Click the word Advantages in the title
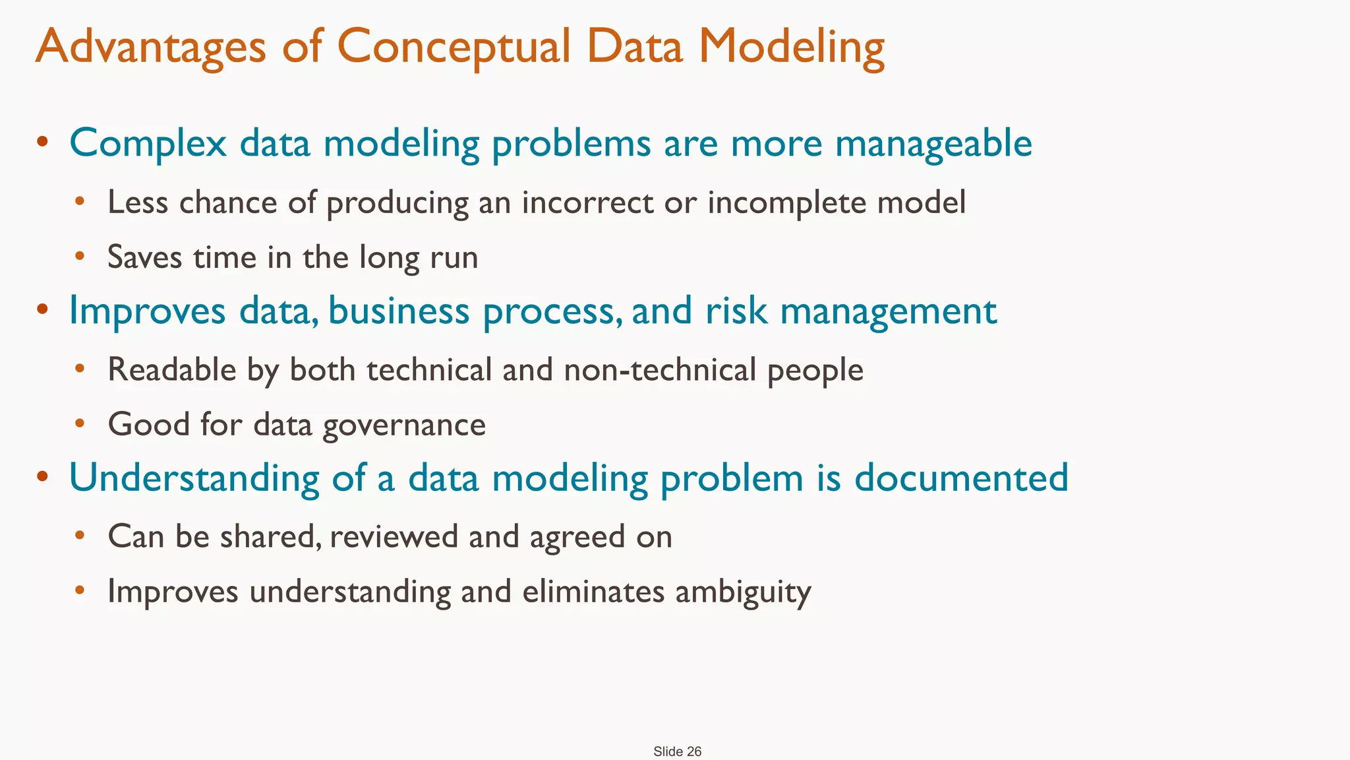tap(151, 47)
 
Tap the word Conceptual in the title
tap(454, 47)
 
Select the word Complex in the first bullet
tap(148, 143)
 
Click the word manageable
tap(933, 143)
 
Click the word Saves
tap(144, 257)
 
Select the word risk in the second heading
tap(736, 310)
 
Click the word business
tap(399, 310)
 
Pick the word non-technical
tap(660, 369)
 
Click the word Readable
tap(172, 369)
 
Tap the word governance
tap(404, 425)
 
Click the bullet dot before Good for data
tap(80, 423)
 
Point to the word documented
tap(961, 478)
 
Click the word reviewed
tap(394, 536)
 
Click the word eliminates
tap(593, 591)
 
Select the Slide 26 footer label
tap(677, 751)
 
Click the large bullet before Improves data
tap(43, 308)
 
